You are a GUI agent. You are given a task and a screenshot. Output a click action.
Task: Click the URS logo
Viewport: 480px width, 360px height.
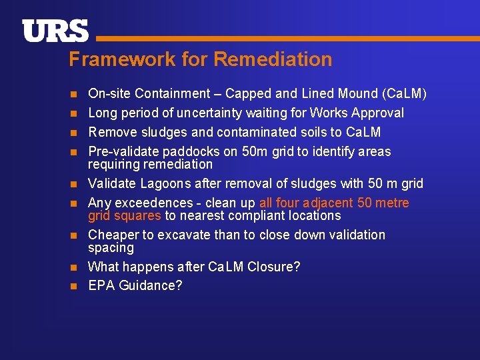click(x=55, y=31)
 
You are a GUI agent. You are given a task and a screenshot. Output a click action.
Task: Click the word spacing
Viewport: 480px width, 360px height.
click(x=111, y=247)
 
